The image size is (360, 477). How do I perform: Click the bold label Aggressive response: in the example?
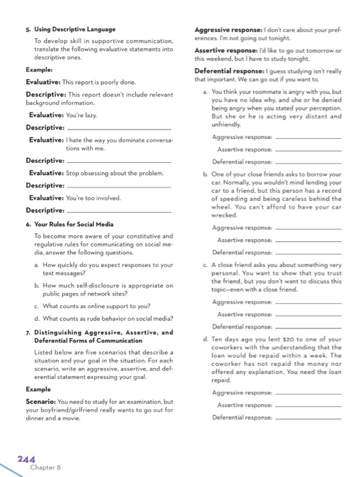pyautogui.click(x=222, y=30)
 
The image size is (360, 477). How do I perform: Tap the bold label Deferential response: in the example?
pyautogui.click(x=222, y=71)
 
